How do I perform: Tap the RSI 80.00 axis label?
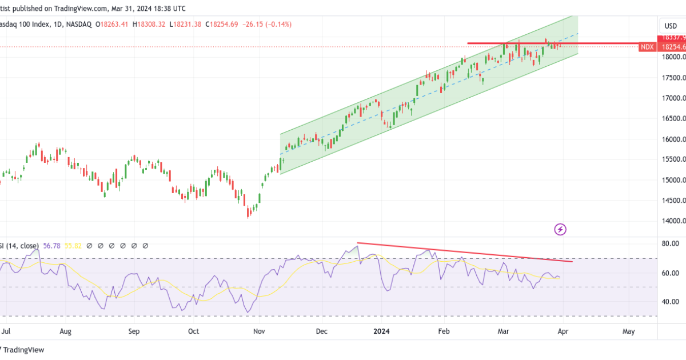point(671,243)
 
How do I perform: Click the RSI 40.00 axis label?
point(671,302)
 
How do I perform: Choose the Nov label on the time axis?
point(259,331)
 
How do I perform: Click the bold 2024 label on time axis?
point(382,331)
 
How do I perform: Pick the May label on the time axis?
point(628,331)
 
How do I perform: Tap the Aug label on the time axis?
point(65,331)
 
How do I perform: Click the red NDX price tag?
point(647,47)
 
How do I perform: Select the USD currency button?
point(670,26)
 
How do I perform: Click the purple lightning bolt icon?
point(560,229)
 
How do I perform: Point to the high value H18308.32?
point(149,25)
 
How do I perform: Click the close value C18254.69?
point(222,25)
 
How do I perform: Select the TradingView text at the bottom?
point(25,350)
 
